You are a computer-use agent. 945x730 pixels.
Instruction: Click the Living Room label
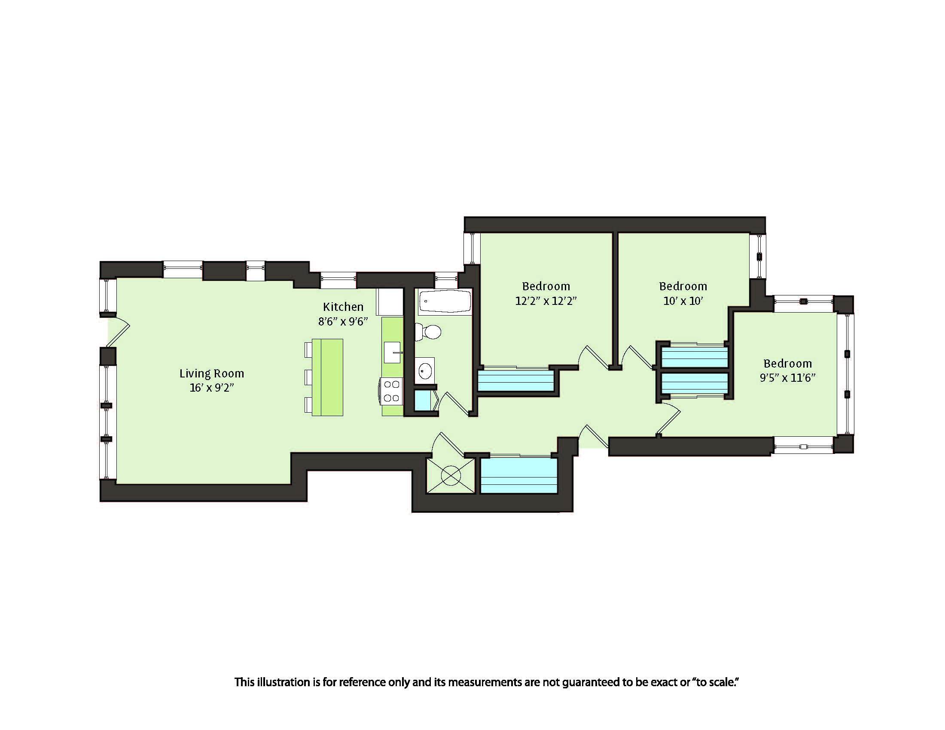point(212,374)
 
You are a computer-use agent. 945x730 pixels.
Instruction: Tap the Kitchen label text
point(343,307)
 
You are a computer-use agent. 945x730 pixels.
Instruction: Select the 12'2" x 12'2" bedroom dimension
point(546,301)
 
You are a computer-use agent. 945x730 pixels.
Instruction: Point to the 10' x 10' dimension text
point(683,301)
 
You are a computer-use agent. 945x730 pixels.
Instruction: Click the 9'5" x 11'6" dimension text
point(787,377)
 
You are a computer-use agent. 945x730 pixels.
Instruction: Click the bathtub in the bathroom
point(445,301)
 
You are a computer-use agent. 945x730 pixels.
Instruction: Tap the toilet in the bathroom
point(427,332)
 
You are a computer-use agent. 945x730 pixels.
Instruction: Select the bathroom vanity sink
point(424,371)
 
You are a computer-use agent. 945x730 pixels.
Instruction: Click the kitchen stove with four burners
point(392,391)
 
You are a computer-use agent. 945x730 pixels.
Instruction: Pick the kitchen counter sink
point(393,353)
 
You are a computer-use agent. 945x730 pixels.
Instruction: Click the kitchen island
point(328,377)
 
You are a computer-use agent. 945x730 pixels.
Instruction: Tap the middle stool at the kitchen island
point(308,377)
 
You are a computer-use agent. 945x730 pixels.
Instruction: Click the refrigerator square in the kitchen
point(390,302)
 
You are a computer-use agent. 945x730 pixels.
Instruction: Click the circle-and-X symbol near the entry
point(451,475)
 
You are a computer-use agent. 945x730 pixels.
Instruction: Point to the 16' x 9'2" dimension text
point(212,387)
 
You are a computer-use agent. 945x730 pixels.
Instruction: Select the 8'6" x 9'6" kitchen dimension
point(343,321)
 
